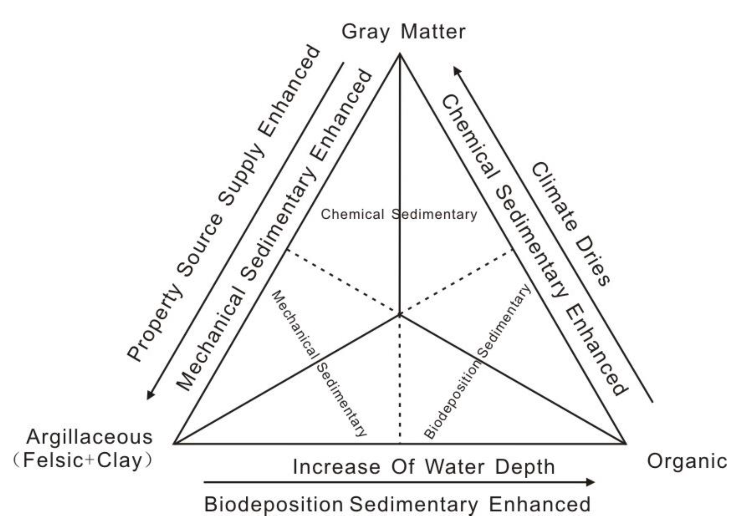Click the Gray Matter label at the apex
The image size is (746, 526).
(403, 32)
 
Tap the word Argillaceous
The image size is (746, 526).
(89, 437)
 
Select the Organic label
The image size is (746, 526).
(687, 461)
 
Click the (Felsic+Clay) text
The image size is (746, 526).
(83, 461)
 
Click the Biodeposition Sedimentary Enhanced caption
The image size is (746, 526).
(397, 504)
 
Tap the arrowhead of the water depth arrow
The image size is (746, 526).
(591, 482)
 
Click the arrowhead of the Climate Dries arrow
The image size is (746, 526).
(457, 70)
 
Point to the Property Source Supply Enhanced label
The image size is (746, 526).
(224, 203)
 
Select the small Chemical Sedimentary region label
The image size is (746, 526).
(399, 215)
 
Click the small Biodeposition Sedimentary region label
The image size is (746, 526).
(477, 362)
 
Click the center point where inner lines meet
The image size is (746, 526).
(400, 315)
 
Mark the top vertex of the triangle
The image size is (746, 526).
(400, 54)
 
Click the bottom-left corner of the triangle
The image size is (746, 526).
(174, 444)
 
